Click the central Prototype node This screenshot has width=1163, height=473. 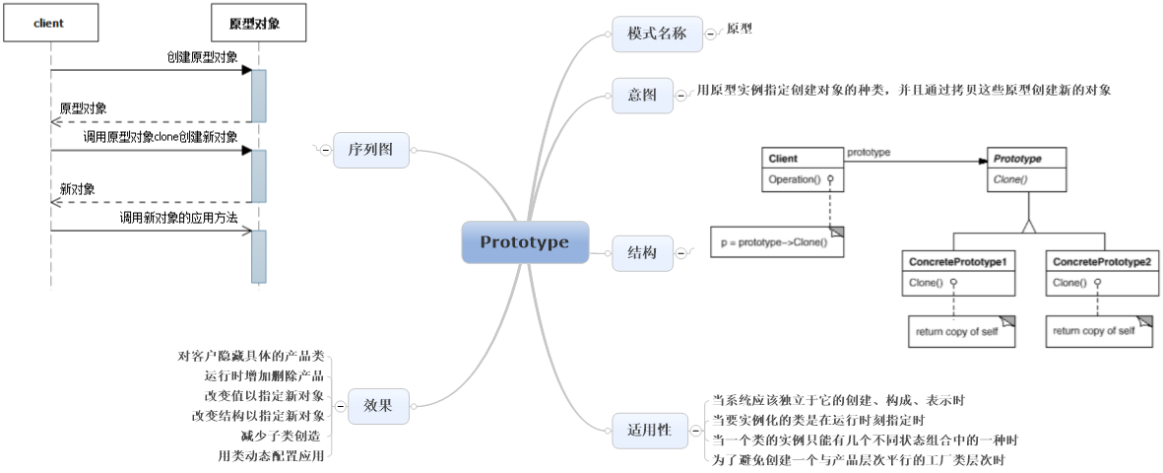[x=525, y=242]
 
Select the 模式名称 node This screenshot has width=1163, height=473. [x=656, y=34]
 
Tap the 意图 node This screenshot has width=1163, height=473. [x=642, y=96]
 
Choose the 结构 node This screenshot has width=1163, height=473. [x=642, y=253]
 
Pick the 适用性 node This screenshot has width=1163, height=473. [x=649, y=429]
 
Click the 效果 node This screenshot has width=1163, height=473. [x=378, y=405]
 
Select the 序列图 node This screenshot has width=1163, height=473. [x=370, y=150]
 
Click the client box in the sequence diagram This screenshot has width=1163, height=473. [x=48, y=23]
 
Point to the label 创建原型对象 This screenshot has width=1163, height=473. [x=202, y=57]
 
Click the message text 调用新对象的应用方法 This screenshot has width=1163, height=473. [x=178, y=217]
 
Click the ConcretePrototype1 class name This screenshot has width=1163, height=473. [x=958, y=262]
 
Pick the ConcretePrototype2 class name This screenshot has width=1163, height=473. [x=1100, y=262]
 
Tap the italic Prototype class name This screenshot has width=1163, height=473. [x=1017, y=158]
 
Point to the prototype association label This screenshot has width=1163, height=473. [x=869, y=153]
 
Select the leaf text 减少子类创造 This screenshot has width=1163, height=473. [x=282, y=435]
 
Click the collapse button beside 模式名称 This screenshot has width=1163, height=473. [x=710, y=34]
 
